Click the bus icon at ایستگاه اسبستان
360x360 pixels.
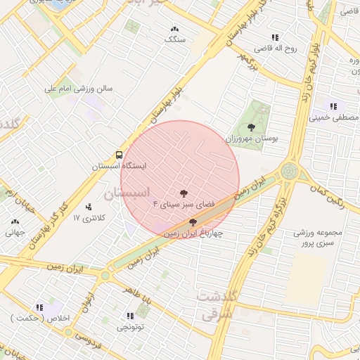[118, 155]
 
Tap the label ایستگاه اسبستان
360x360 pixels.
[120, 167]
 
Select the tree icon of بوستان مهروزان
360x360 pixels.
[252, 127]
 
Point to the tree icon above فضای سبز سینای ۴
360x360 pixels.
[184, 191]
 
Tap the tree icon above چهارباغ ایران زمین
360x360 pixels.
[193, 222]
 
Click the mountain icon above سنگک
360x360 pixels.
[174, 29]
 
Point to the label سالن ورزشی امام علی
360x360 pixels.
[79, 89]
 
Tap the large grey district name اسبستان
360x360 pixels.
[127, 192]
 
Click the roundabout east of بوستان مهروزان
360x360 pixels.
[289, 171]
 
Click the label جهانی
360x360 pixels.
[15, 231]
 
